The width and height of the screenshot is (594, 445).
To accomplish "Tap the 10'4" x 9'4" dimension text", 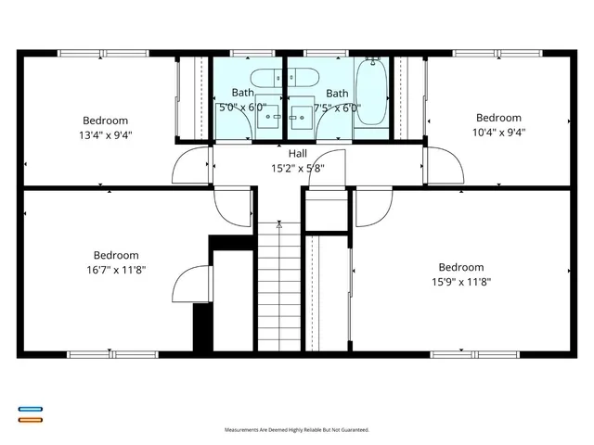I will pyautogui.click(x=499, y=132).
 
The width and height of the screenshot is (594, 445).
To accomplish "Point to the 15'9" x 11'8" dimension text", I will pyautogui.click(x=461, y=282).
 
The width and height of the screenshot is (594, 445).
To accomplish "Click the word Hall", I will pyautogui.click(x=297, y=154).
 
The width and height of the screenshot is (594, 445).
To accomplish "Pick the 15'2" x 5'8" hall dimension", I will pyautogui.click(x=297, y=169).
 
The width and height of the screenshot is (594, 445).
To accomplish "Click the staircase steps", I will pyautogui.click(x=279, y=287).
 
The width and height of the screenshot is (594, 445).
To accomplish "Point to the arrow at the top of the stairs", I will pyautogui.click(x=279, y=223).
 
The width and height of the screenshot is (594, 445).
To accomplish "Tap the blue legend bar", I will pyautogui.click(x=30, y=409).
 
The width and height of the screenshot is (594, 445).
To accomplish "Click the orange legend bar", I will pyautogui.click(x=30, y=419).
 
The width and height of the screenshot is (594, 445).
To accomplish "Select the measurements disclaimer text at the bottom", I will pyautogui.click(x=297, y=430).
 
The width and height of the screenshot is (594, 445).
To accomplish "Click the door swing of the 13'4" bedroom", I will pyautogui.click(x=192, y=165).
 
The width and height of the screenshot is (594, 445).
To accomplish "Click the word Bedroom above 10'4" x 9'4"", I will pyautogui.click(x=499, y=118).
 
